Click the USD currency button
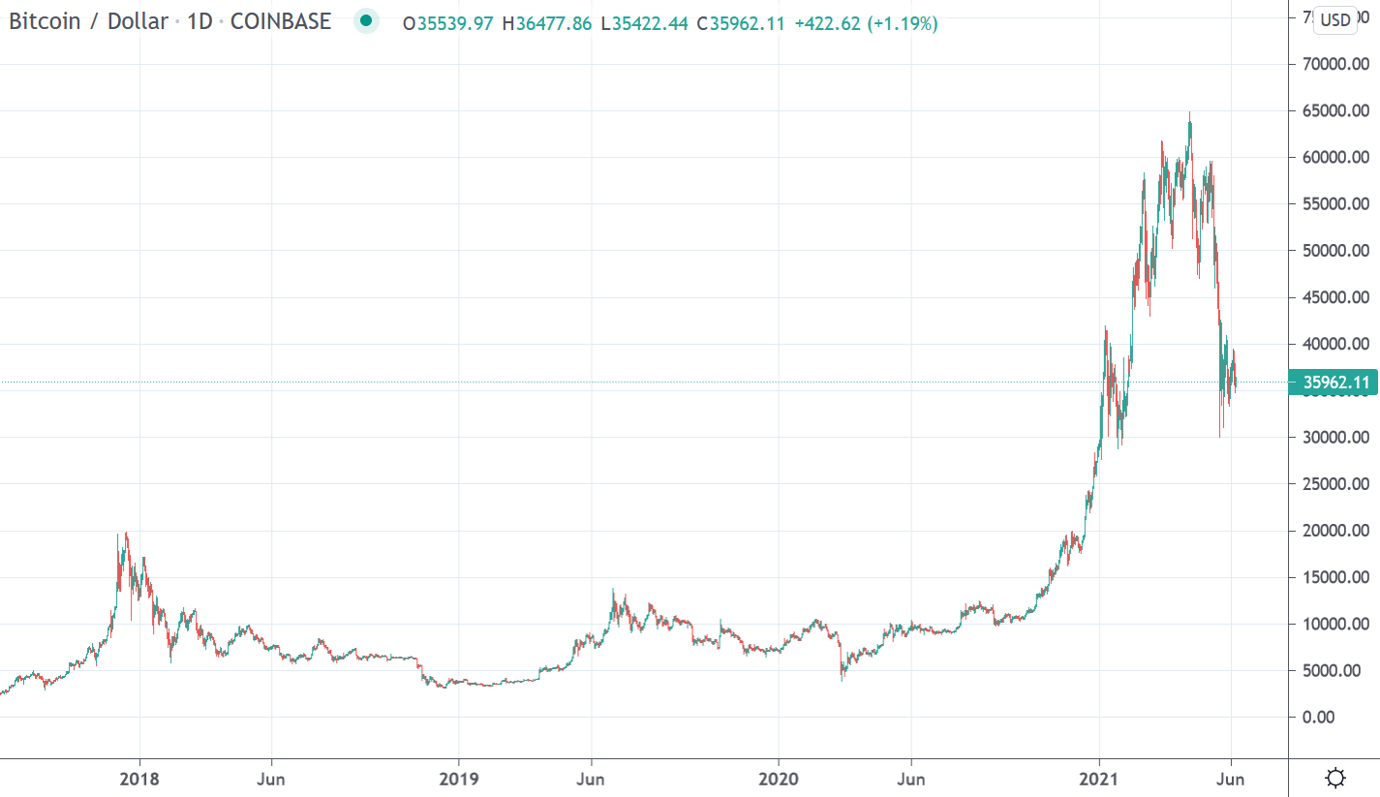(1335, 19)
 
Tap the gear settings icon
(1335, 778)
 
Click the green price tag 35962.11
(1335, 383)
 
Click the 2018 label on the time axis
(140, 779)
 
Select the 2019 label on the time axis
(459, 779)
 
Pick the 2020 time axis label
(778, 779)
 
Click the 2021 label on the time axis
(1098, 779)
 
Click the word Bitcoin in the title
(44, 21)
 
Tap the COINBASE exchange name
(280, 21)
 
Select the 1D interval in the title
(199, 21)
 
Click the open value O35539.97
(448, 23)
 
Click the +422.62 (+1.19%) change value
(866, 23)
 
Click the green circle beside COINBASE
(365, 21)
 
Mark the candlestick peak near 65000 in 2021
(1189, 114)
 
